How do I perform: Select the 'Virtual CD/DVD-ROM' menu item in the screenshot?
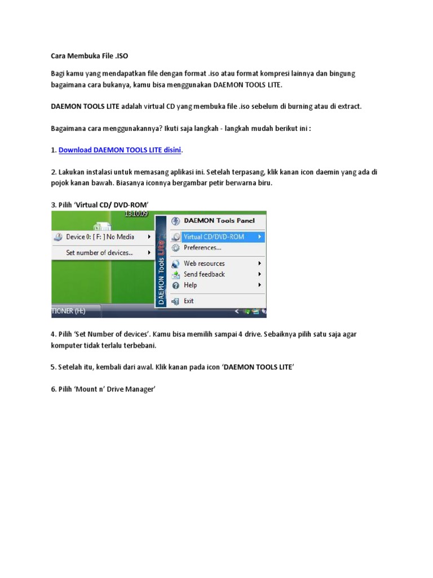[214, 237]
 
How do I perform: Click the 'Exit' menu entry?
[188, 301]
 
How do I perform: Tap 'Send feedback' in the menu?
[204, 274]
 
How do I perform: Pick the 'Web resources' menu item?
[204, 264]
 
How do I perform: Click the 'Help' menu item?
[190, 286]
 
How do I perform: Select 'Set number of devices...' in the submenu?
[99, 253]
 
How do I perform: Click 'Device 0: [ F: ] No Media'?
[100, 237]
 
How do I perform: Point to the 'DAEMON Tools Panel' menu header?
[219, 221]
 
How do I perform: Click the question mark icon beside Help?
[175, 286]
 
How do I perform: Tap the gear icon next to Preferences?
[175, 248]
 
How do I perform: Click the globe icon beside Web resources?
[175, 264]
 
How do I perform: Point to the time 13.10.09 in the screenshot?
[135, 214]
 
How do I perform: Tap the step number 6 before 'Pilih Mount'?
[53, 389]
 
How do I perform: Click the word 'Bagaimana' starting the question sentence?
[68, 128]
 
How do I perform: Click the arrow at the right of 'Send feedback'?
[260, 274]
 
